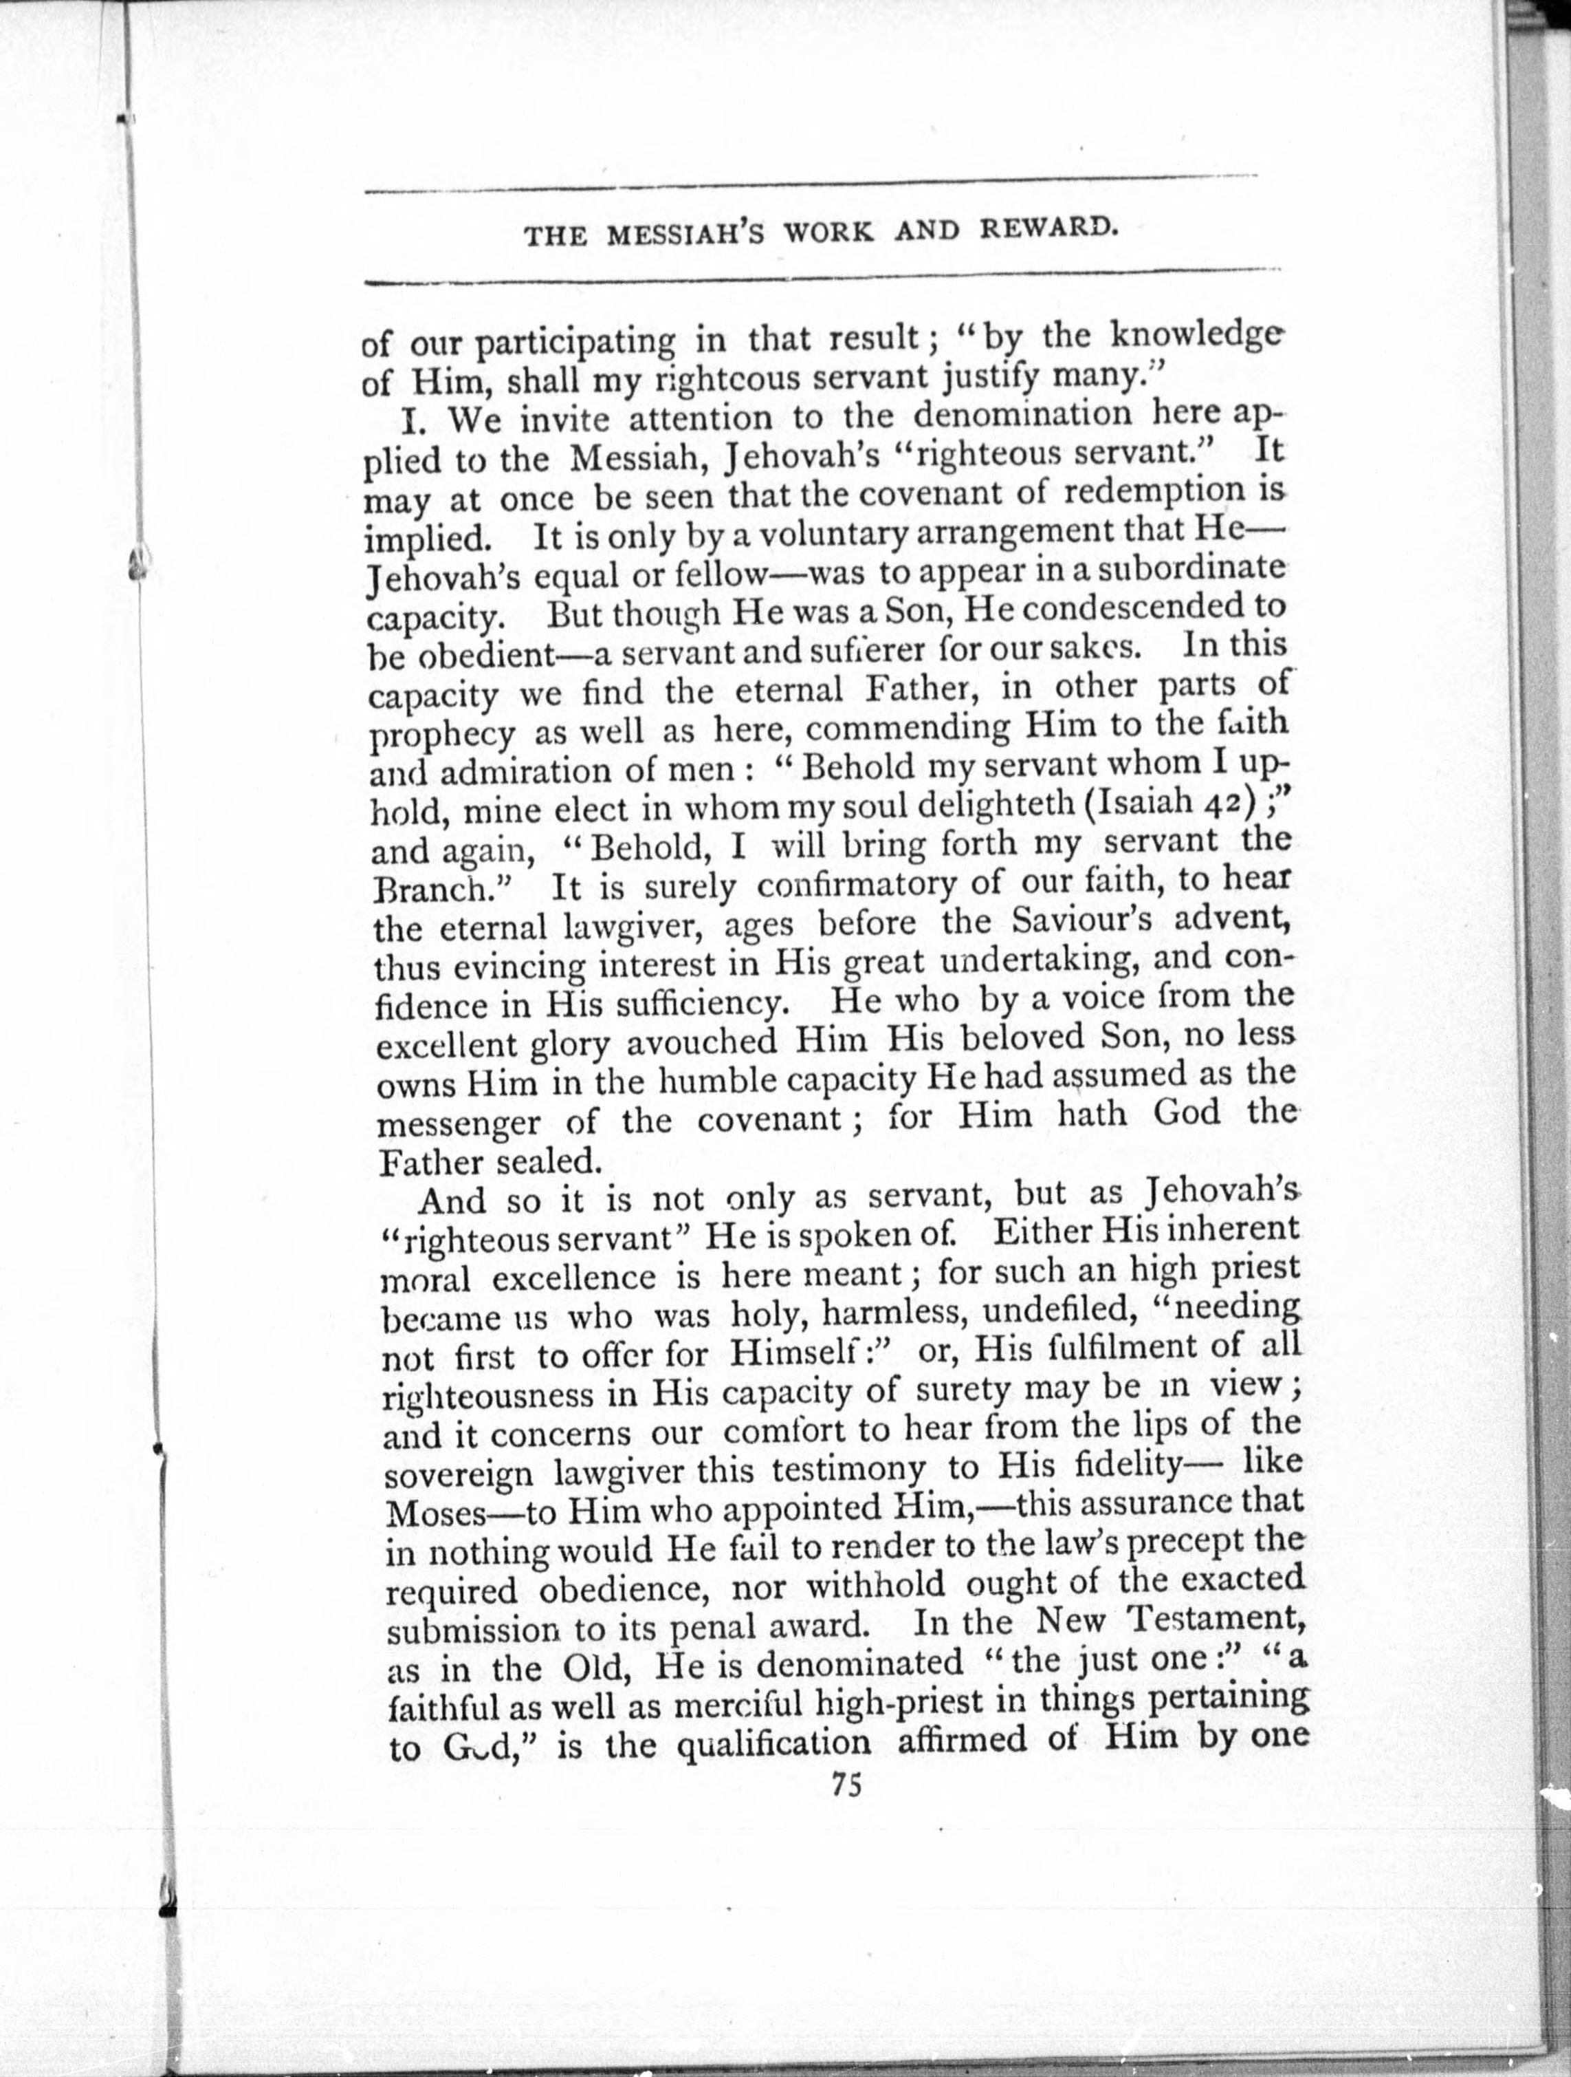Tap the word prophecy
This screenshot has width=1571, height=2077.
click(441, 734)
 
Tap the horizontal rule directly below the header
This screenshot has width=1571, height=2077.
click(821, 277)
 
